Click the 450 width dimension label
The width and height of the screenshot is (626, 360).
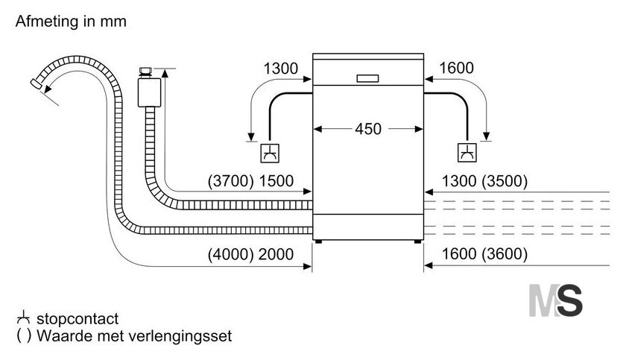click(368, 129)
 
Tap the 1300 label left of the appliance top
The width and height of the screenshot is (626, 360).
click(281, 69)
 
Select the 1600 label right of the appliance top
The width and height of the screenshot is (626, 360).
click(456, 69)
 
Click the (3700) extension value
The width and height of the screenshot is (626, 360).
click(231, 181)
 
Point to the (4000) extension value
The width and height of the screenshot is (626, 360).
click(231, 254)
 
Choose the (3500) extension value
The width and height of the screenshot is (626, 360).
click(505, 181)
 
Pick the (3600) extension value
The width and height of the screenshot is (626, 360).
click(505, 254)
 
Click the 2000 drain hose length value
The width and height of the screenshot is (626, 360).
click(276, 254)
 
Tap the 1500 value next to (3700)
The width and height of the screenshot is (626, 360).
click(276, 181)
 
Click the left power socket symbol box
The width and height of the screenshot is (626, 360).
click(270, 153)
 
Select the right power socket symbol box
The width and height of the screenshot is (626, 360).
click(467, 153)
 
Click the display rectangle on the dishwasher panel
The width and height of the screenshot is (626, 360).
click(367, 78)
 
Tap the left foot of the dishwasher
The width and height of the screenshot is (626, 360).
click(318, 241)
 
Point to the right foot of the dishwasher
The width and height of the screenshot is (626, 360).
click(417, 241)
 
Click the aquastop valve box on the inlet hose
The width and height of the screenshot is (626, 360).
click(149, 92)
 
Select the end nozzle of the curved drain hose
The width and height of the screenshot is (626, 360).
click(37, 83)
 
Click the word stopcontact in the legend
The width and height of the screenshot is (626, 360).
click(78, 319)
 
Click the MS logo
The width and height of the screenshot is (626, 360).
click(556, 300)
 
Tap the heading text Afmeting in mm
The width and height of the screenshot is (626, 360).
click(71, 21)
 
